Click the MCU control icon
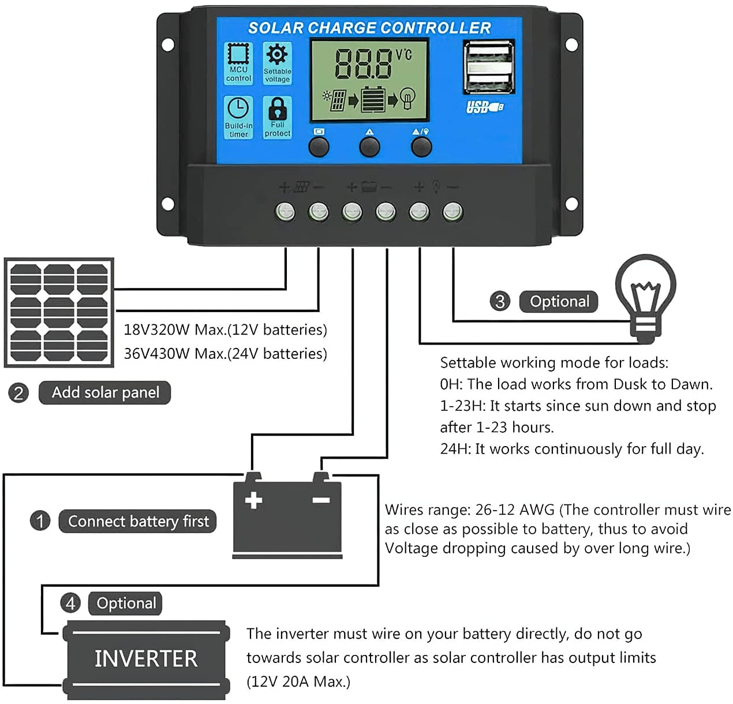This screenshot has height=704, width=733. pyautogui.click(x=238, y=55)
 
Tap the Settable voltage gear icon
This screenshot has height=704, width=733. pyautogui.click(x=277, y=55)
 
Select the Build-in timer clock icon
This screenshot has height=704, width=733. pyautogui.click(x=238, y=109)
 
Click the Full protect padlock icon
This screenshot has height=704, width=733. pyautogui.click(x=277, y=109)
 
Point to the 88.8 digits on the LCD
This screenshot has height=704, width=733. pyautogui.click(x=364, y=64)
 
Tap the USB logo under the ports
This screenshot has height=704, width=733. pyautogui.click(x=484, y=107)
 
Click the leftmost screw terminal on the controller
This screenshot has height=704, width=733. pyautogui.click(x=285, y=212)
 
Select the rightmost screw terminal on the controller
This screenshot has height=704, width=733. pyautogui.click(x=452, y=212)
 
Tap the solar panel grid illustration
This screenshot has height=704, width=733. pyautogui.click(x=59, y=312)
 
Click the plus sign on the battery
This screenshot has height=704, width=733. pyautogui.click(x=253, y=500)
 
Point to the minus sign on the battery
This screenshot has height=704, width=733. pyautogui.click(x=321, y=500)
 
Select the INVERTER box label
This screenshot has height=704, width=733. pyautogui.click(x=146, y=659)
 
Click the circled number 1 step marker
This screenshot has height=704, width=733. pyautogui.click(x=40, y=521)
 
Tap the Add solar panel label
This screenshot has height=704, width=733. pyautogui.click(x=105, y=392)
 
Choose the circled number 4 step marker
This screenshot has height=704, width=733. pyautogui.click(x=70, y=604)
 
